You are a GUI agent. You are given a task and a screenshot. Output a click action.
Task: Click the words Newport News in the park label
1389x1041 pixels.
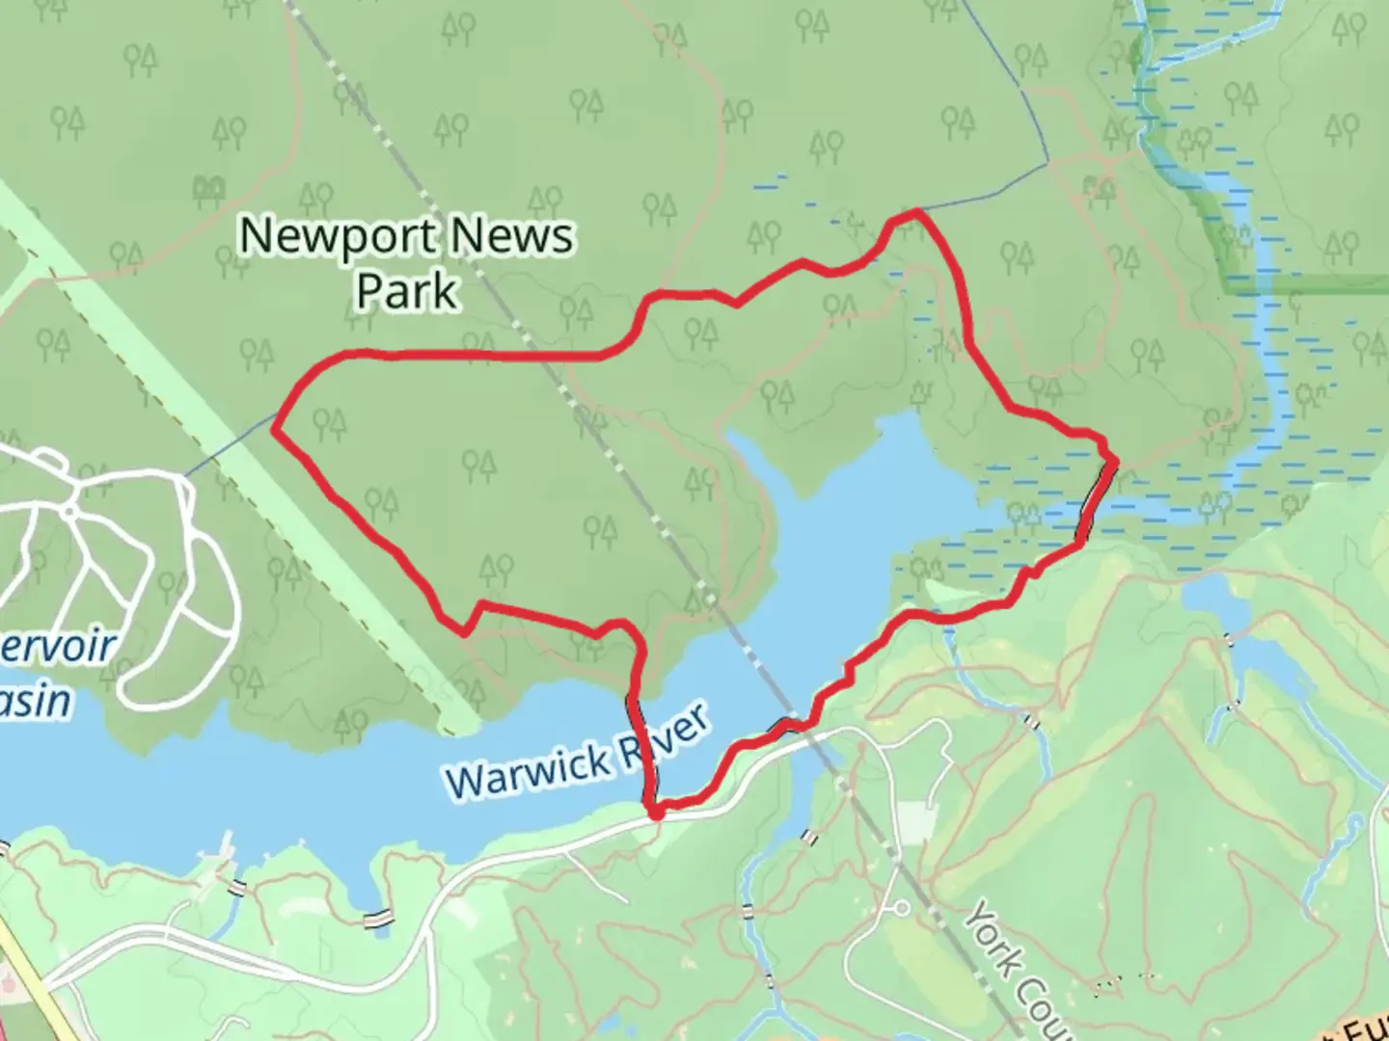406,236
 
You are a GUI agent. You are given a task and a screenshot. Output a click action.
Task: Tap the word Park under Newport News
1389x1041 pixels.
406,291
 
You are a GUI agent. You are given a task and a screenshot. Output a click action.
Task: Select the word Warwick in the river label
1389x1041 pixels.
529,768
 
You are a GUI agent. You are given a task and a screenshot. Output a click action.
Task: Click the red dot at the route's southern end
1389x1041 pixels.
656,814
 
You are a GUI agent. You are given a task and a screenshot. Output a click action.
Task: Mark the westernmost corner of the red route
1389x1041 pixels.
276,430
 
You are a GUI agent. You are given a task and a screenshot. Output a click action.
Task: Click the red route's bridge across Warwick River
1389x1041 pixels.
640,747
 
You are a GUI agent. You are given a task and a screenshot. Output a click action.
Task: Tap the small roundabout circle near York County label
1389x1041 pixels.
903,908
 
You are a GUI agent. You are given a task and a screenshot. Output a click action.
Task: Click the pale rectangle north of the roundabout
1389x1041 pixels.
915,818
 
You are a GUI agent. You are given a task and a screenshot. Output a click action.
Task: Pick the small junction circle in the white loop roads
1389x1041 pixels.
70,510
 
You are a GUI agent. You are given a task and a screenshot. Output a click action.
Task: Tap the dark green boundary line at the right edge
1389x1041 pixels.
1302,283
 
